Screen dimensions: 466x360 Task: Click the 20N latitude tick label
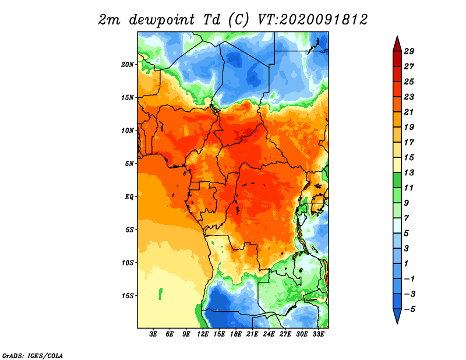point(128,65)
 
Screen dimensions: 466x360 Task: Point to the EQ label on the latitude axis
point(129,197)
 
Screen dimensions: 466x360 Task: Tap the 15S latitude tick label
point(128,296)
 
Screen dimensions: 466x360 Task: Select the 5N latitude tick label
point(129,164)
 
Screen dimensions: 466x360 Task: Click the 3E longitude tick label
point(153,334)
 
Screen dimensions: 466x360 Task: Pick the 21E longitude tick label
point(252,334)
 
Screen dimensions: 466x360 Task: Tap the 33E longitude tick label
point(318,334)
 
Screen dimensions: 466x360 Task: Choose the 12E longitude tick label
point(202,334)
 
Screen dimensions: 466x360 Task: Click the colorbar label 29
point(409,51)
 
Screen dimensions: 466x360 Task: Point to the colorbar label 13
point(409,172)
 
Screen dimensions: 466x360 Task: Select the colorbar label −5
point(409,309)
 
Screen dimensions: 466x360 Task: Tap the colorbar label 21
point(409,112)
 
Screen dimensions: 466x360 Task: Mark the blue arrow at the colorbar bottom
point(397,316)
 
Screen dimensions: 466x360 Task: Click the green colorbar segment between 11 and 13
point(397,180)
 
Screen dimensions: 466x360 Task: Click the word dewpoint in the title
point(162,20)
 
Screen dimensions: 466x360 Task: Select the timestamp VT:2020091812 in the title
point(312,20)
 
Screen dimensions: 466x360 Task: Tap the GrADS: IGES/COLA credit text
point(33,355)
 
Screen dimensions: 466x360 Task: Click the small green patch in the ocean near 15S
point(161,294)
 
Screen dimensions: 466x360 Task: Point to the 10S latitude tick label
point(128,263)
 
